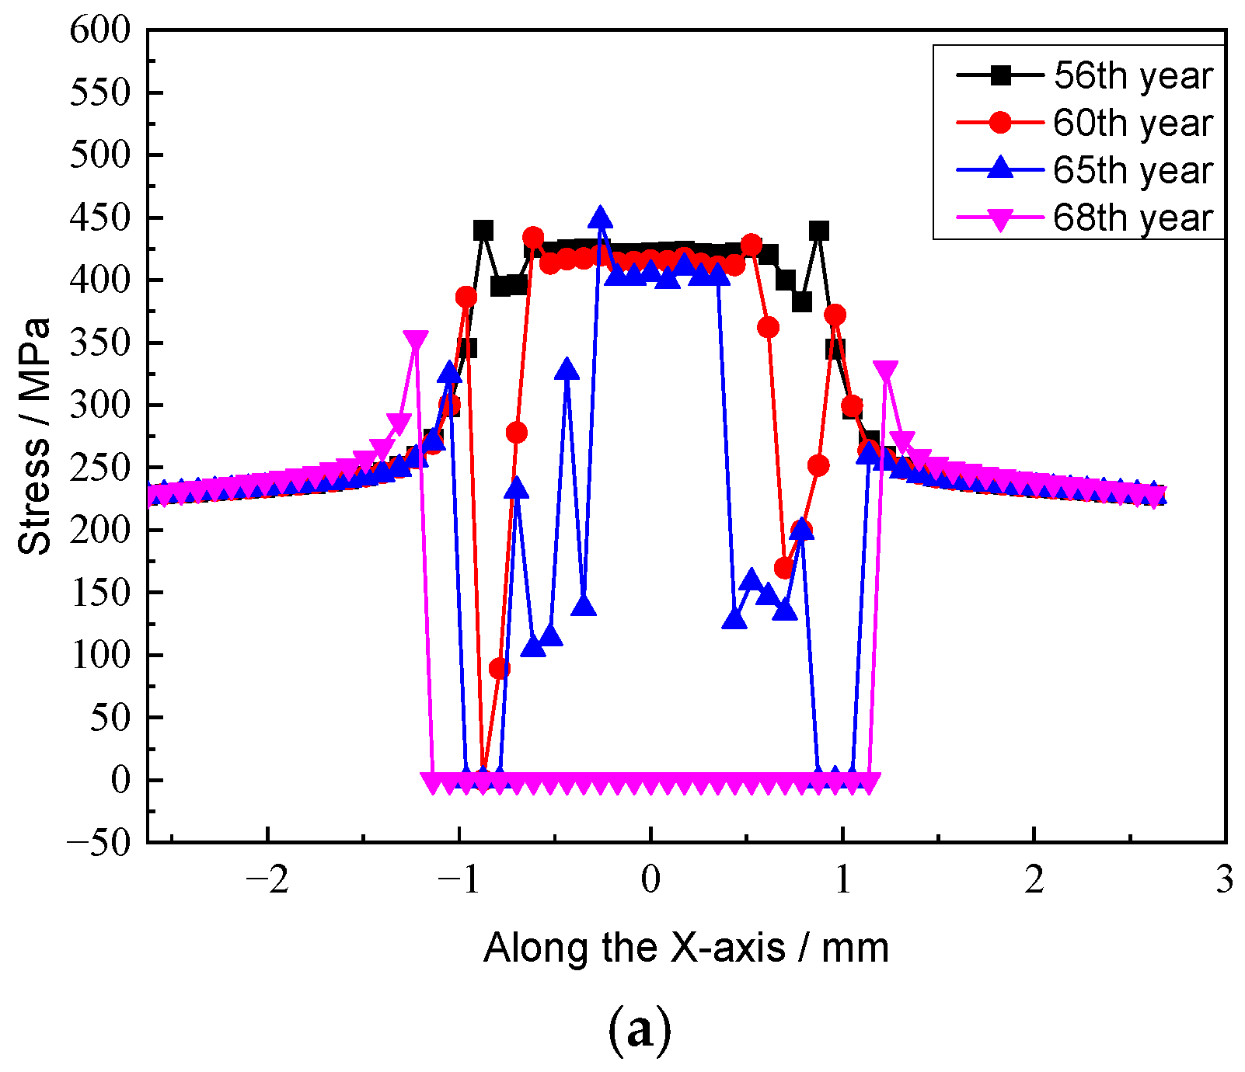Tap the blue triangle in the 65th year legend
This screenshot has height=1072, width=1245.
tap(1001, 169)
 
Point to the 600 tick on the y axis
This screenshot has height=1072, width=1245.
tap(100, 30)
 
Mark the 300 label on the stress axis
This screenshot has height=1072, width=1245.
tap(100, 405)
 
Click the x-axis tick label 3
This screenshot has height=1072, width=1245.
tap(1225, 880)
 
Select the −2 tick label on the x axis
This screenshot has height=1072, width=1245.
tap(267, 880)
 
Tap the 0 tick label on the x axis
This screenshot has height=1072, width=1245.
tap(650, 880)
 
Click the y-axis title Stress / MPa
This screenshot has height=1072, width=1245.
tap(34, 436)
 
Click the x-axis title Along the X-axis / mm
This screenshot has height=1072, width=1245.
tap(685, 948)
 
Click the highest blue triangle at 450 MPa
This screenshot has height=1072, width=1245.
tap(600, 218)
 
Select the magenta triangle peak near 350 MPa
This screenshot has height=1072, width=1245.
tap(416, 341)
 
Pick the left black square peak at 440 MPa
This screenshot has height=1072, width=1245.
tap(483, 230)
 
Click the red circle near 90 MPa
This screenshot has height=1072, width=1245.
tap(499, 668)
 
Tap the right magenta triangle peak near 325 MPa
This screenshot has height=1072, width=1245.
tap(885, 371)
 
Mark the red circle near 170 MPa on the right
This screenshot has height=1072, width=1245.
tap(784, 568)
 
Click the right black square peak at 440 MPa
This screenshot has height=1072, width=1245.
tap(818, 230)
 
